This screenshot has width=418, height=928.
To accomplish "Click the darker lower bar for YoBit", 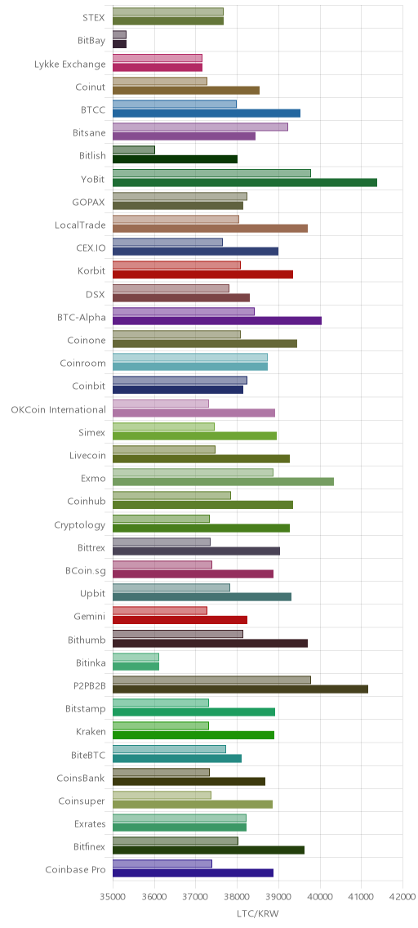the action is pos(245,182).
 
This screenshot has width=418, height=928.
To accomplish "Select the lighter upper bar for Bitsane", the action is pos(200,127).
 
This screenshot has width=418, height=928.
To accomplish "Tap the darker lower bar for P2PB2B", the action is pos(240,689).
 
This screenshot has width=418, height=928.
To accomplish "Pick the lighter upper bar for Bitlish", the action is pos(134,149).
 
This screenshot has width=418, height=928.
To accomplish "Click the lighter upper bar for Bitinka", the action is pos(136,657).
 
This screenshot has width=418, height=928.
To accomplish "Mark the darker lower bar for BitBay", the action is pos(119,44).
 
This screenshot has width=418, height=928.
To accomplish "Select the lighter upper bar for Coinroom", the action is pos(189,358).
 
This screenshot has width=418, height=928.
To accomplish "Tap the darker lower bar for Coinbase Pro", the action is pos(193,872).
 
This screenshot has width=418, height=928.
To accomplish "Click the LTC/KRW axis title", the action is pos(257,914).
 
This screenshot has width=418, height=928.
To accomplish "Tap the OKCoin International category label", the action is pos(59,409).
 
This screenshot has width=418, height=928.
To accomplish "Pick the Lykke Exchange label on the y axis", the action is pos(70,64).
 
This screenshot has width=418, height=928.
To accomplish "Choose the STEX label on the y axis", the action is pos(95,18).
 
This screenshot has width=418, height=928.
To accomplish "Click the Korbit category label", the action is pos(91,271).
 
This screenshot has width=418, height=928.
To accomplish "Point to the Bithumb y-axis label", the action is pos(87,640).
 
